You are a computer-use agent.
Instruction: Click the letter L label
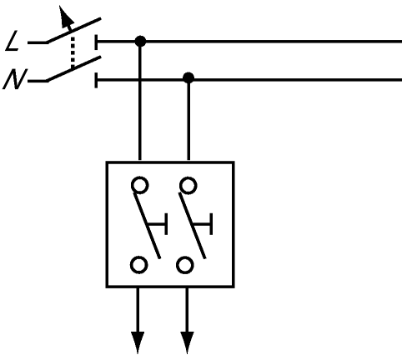(13, 41)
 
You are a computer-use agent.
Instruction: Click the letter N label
(14, 79)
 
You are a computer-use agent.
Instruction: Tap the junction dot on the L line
(140, 42)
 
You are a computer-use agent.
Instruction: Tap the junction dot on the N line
(188, 77)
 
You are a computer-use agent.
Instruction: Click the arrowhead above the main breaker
(66, 17)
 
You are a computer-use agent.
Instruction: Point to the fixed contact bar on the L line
(96, 42)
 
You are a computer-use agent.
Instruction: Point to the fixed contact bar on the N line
(96, 80)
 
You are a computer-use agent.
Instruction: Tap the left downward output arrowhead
(138, 342)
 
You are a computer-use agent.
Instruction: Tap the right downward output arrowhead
(187, 342)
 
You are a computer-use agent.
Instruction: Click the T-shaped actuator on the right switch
(204, 224)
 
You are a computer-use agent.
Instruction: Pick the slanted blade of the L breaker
(73, 31)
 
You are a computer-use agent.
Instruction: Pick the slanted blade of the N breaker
(73, 69)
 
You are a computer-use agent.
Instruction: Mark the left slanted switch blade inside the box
(148, 226)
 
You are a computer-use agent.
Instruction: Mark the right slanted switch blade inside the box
(193, 226)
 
